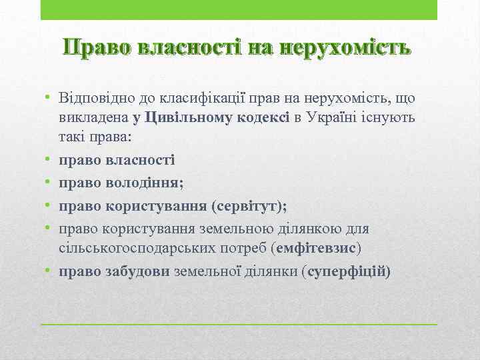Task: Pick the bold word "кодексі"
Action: (x=261, y=119)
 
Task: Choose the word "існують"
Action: (x=391, y=119)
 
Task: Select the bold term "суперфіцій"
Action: (x=346, y=271)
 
